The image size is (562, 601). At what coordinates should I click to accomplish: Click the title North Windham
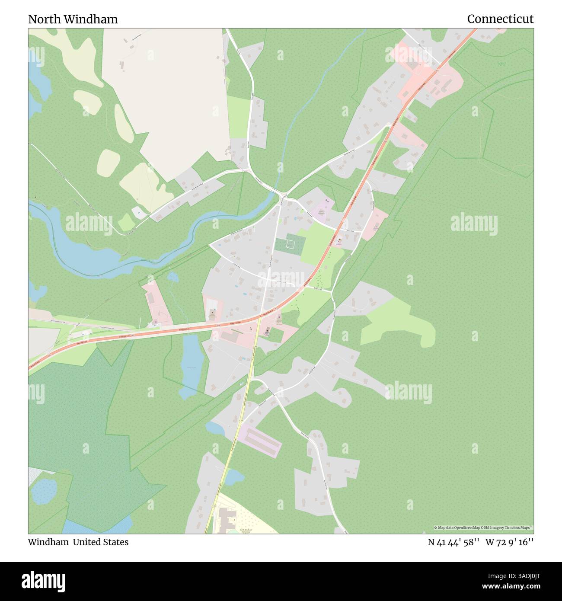(x=73, y=19)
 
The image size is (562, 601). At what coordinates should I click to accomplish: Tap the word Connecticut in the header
(x=500, y=19)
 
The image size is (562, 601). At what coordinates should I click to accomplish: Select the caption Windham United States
(x=78, y=542)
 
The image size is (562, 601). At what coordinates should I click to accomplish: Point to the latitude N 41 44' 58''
(x=453, y=542)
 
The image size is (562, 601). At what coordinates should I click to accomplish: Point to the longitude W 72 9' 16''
(x=509, y=542)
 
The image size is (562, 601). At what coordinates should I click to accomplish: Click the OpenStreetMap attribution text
(x=484, y=527)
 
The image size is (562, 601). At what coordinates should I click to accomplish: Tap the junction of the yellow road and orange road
(x=259, y=317)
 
